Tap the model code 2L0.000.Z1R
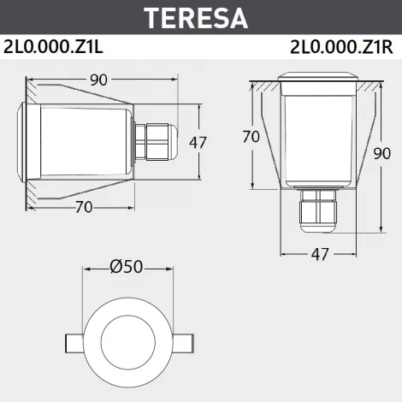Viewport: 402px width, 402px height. point(341,47)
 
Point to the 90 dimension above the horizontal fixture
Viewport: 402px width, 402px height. point(100,80)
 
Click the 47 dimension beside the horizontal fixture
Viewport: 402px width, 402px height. point(198,142)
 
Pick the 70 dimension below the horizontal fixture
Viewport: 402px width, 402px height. point(83,206)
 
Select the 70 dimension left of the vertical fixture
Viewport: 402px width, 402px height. point(251,137)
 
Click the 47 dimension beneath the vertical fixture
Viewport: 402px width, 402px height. point(318,254)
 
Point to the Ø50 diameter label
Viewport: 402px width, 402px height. point(127,266)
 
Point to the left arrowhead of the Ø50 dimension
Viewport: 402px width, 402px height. point(86,267)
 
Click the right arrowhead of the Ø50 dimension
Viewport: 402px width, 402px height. point(168,267)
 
